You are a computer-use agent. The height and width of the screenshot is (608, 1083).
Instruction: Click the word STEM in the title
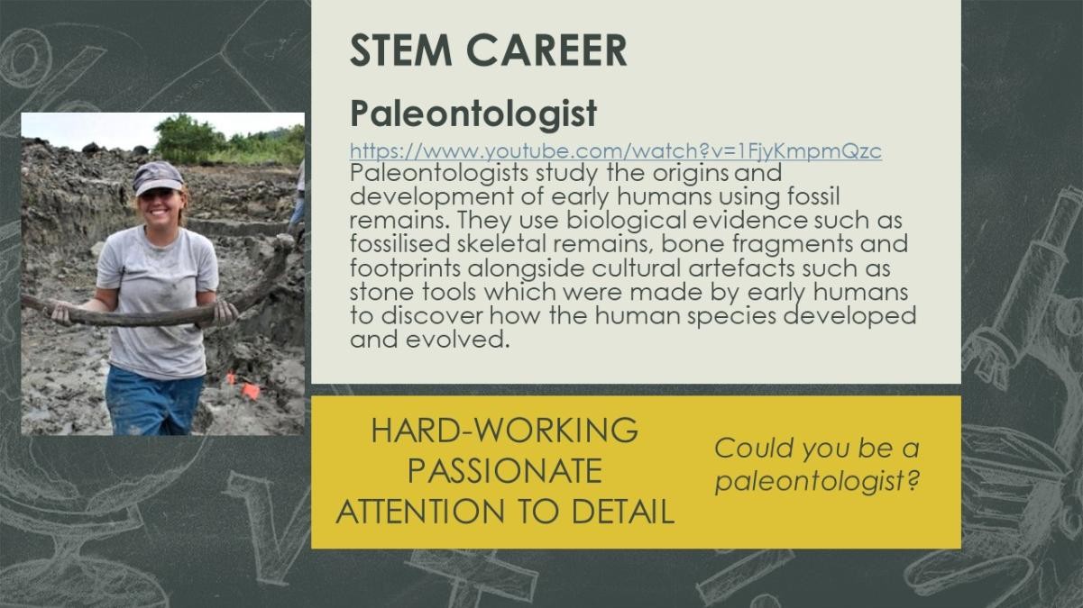coord(400,50)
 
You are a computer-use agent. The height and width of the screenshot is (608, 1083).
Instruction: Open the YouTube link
coord(616,150)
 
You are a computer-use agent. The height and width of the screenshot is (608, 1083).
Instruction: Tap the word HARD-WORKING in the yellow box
coord(504,430)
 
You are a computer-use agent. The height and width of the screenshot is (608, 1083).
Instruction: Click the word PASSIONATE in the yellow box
coord(504,471)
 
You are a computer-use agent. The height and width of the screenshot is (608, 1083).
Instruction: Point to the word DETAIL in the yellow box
coord(623,512)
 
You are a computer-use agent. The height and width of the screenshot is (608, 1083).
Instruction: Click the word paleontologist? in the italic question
coord(817,482)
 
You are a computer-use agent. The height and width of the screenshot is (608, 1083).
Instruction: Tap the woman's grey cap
coord(157,177)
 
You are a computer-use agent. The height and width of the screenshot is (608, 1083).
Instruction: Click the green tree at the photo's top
coord(186,138)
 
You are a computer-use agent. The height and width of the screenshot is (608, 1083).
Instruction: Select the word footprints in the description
coord(405,268)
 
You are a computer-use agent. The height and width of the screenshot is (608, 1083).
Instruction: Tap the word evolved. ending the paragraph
coord(457,340)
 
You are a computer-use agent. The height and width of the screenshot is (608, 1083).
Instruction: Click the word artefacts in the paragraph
coord(741,268)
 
